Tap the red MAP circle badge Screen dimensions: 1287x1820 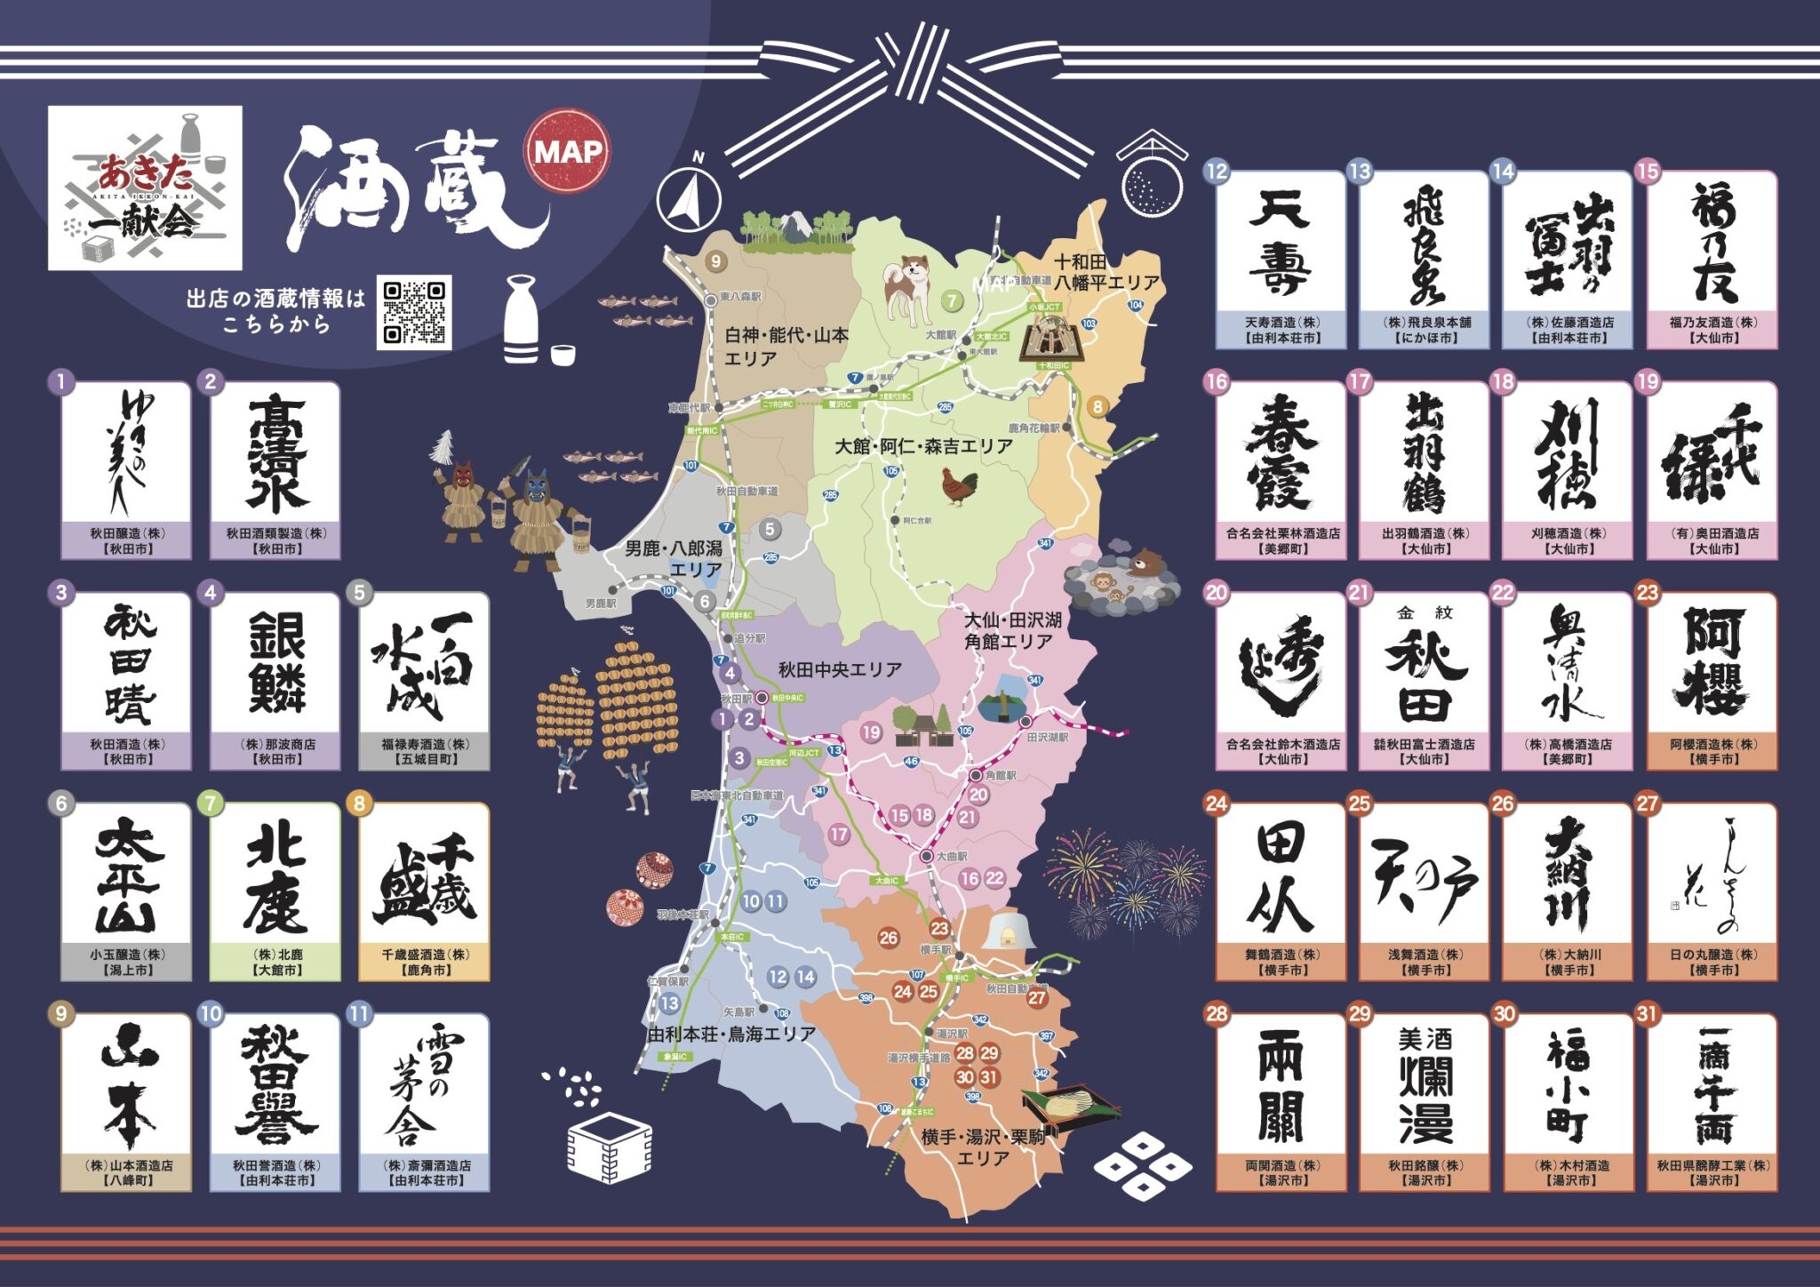tap(568, 151)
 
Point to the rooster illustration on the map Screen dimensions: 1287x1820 tap(960, 487)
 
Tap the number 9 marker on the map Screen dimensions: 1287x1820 tap(715, 261)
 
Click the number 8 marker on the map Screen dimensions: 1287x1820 tap(1098, 406)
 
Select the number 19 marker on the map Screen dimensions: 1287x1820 tap(871, 731)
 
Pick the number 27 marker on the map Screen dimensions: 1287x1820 tap(1037, 997)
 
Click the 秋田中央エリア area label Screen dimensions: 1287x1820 tap(840, 669)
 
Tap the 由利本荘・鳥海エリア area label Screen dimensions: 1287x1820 tap(731, 1034)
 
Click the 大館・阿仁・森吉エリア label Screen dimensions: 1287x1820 tap(923, 446)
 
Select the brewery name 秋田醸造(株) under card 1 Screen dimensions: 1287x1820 tap(127, 533)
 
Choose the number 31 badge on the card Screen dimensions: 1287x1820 tap(1648, 1013)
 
